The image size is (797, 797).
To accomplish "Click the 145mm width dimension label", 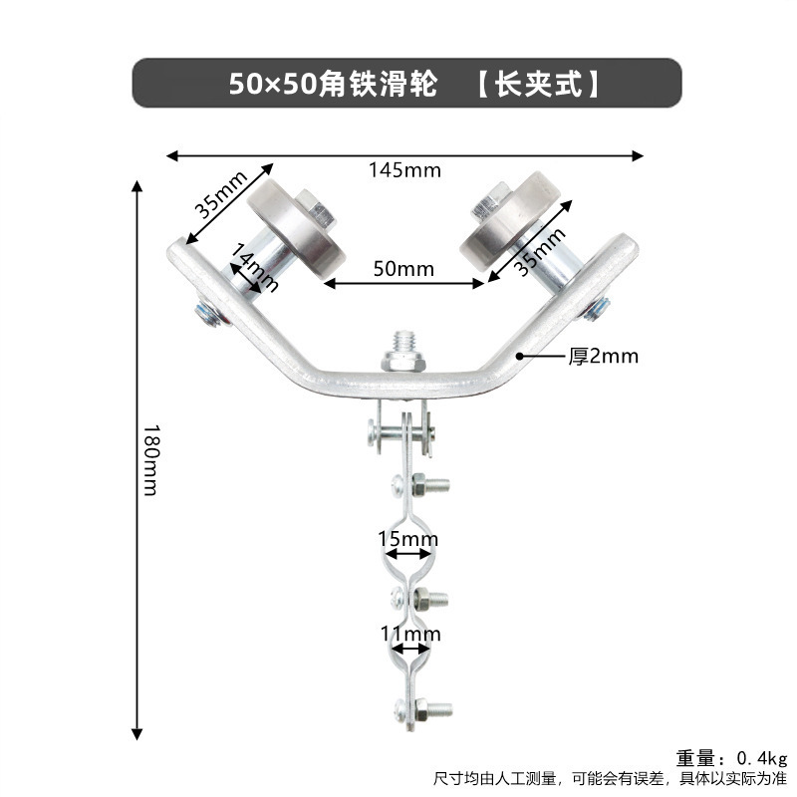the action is (x=404, y=169).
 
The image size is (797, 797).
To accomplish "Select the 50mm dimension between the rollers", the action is (x=404, y=268).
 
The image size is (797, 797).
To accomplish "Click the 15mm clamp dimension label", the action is (x=407, y=539).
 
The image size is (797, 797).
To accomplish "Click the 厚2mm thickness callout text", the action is (x=603, y=356).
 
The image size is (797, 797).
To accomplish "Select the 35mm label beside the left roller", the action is (x=221, y=194).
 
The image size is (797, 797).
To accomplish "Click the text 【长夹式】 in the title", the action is (x=538, y=83).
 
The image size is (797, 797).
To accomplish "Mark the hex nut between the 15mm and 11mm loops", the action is (x=430, y=599).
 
